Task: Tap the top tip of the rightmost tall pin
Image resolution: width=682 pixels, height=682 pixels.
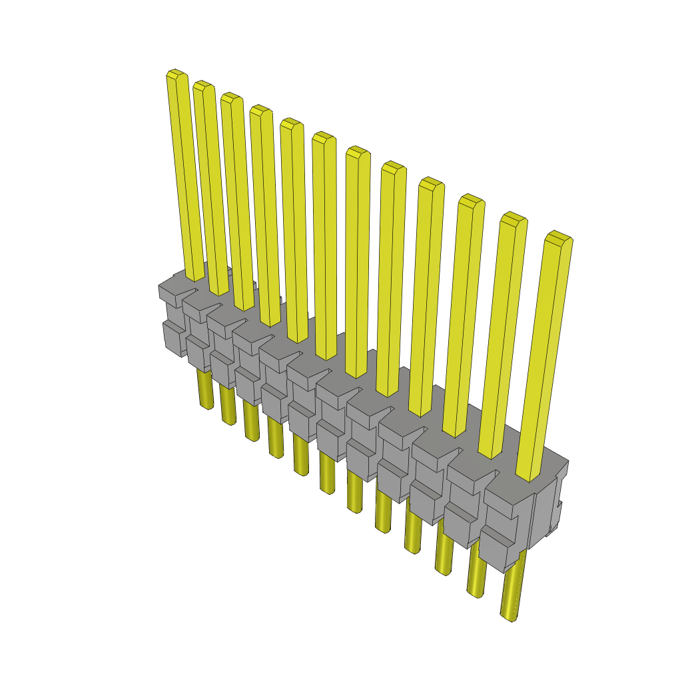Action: [559, 236]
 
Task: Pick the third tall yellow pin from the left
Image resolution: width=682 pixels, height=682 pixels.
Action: [237, 200]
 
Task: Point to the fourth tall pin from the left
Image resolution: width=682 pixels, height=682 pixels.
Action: [265, 213]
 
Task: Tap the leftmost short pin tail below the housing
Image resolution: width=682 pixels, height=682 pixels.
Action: [204, 390]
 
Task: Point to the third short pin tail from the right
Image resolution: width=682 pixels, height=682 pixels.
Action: [444, 549]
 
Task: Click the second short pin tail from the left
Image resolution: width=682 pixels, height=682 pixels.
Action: [228, 406]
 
